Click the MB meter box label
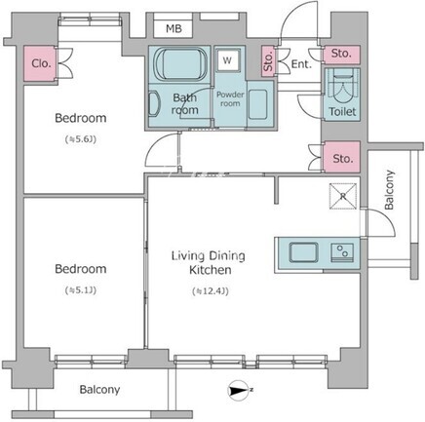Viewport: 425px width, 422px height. pos(174,29)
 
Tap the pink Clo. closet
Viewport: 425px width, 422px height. pos(39,63)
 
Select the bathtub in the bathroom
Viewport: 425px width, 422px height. pos(180,63)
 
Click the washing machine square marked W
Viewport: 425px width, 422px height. pos(228,60)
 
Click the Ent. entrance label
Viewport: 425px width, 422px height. pos(301,64)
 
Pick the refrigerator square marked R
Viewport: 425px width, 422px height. pos(343,196)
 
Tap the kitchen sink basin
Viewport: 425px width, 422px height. pos(303,252)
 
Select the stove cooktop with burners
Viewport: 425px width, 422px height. pos(343,252)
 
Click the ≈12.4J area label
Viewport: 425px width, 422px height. pos(211,291)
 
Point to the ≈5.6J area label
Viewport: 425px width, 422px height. pos(81,139)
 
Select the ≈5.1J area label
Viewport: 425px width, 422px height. pos(81,290)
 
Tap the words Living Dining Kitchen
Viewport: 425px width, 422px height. pos(209,262)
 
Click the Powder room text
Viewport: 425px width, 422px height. pos(230,98)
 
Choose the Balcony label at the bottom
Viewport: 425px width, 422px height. pos(99,390)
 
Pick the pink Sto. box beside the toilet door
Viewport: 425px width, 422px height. pos(341,55)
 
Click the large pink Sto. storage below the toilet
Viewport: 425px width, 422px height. pos(342,157)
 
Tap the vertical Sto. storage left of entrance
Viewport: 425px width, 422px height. pos(268,61)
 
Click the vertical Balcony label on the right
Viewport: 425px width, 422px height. pos(389,190)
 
